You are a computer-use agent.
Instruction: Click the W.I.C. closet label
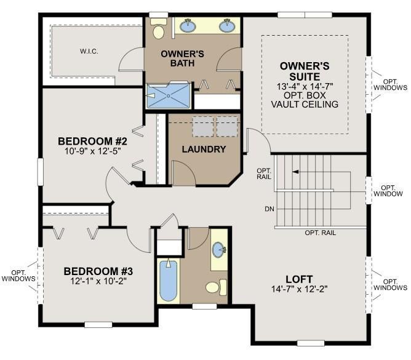click(x=89, y=51)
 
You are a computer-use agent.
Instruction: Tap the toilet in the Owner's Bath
click(x=158, y=28)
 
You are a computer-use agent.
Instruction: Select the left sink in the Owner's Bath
click(x=188, y=25)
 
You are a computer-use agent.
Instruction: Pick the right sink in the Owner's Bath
click(x=227, y=25)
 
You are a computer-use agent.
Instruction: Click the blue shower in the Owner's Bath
click(x=169, y=95)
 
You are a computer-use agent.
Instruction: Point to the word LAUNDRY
click(x=204, y=149)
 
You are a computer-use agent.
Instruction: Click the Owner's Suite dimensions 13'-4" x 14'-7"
click(x=305, y=86)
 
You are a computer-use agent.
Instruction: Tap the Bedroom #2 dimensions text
click(x=92, y=151)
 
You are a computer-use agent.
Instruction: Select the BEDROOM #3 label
click(x=98, y=271)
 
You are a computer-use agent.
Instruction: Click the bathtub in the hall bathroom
click(x=169, y=280)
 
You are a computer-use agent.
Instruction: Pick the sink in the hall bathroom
click(x=218, y=250)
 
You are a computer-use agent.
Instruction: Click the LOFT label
click(x=299, y=279)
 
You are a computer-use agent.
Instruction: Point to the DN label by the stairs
click(x=269, y=209)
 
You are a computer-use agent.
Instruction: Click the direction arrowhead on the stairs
click(x=295, y=172)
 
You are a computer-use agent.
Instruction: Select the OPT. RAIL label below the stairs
click(x=320, y=233)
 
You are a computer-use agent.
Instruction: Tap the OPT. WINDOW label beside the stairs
click(x=388, y=191)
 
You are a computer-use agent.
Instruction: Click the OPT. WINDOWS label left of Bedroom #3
click(x=18, y=276)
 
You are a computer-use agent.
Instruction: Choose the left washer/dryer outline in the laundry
click(x=203, y=127)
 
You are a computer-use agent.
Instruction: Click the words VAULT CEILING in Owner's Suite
click(x=305, y=105)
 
